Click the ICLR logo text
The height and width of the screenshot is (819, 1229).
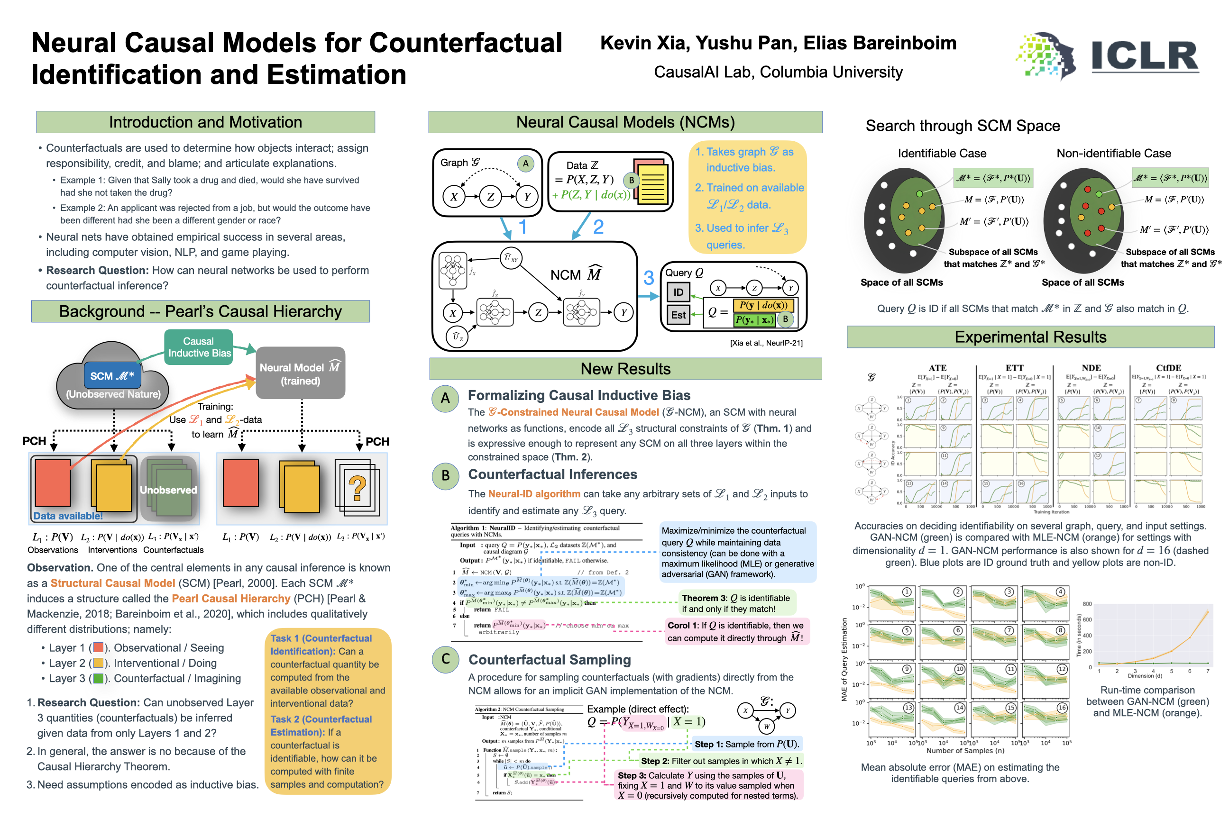point(1144,56)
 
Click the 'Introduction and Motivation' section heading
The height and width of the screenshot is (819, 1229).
point(205,122)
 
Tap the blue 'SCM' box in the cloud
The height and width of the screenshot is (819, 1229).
point(112,376)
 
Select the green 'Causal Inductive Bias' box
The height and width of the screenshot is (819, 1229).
point(199,347)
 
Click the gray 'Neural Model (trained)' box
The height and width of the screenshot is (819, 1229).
point(300,373)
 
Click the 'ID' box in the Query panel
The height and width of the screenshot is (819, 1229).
point(678,292)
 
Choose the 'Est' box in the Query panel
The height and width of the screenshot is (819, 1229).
point(678,315)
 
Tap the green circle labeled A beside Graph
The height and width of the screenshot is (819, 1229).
point(526,163)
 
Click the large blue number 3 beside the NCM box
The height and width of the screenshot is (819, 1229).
point(649,278)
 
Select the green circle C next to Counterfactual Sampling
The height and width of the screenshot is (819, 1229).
point(445,659)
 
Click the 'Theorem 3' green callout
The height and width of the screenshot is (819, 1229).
point(736,603)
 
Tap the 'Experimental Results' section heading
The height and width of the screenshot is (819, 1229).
point(1030,337)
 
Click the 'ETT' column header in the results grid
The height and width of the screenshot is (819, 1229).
point(1014,368)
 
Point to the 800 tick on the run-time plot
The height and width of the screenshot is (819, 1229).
point(1087,604)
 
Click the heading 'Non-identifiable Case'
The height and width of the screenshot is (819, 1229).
point(1113,154)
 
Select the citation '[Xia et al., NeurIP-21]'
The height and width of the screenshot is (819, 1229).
point(766,343)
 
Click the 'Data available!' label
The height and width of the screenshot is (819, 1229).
point(68,516)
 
